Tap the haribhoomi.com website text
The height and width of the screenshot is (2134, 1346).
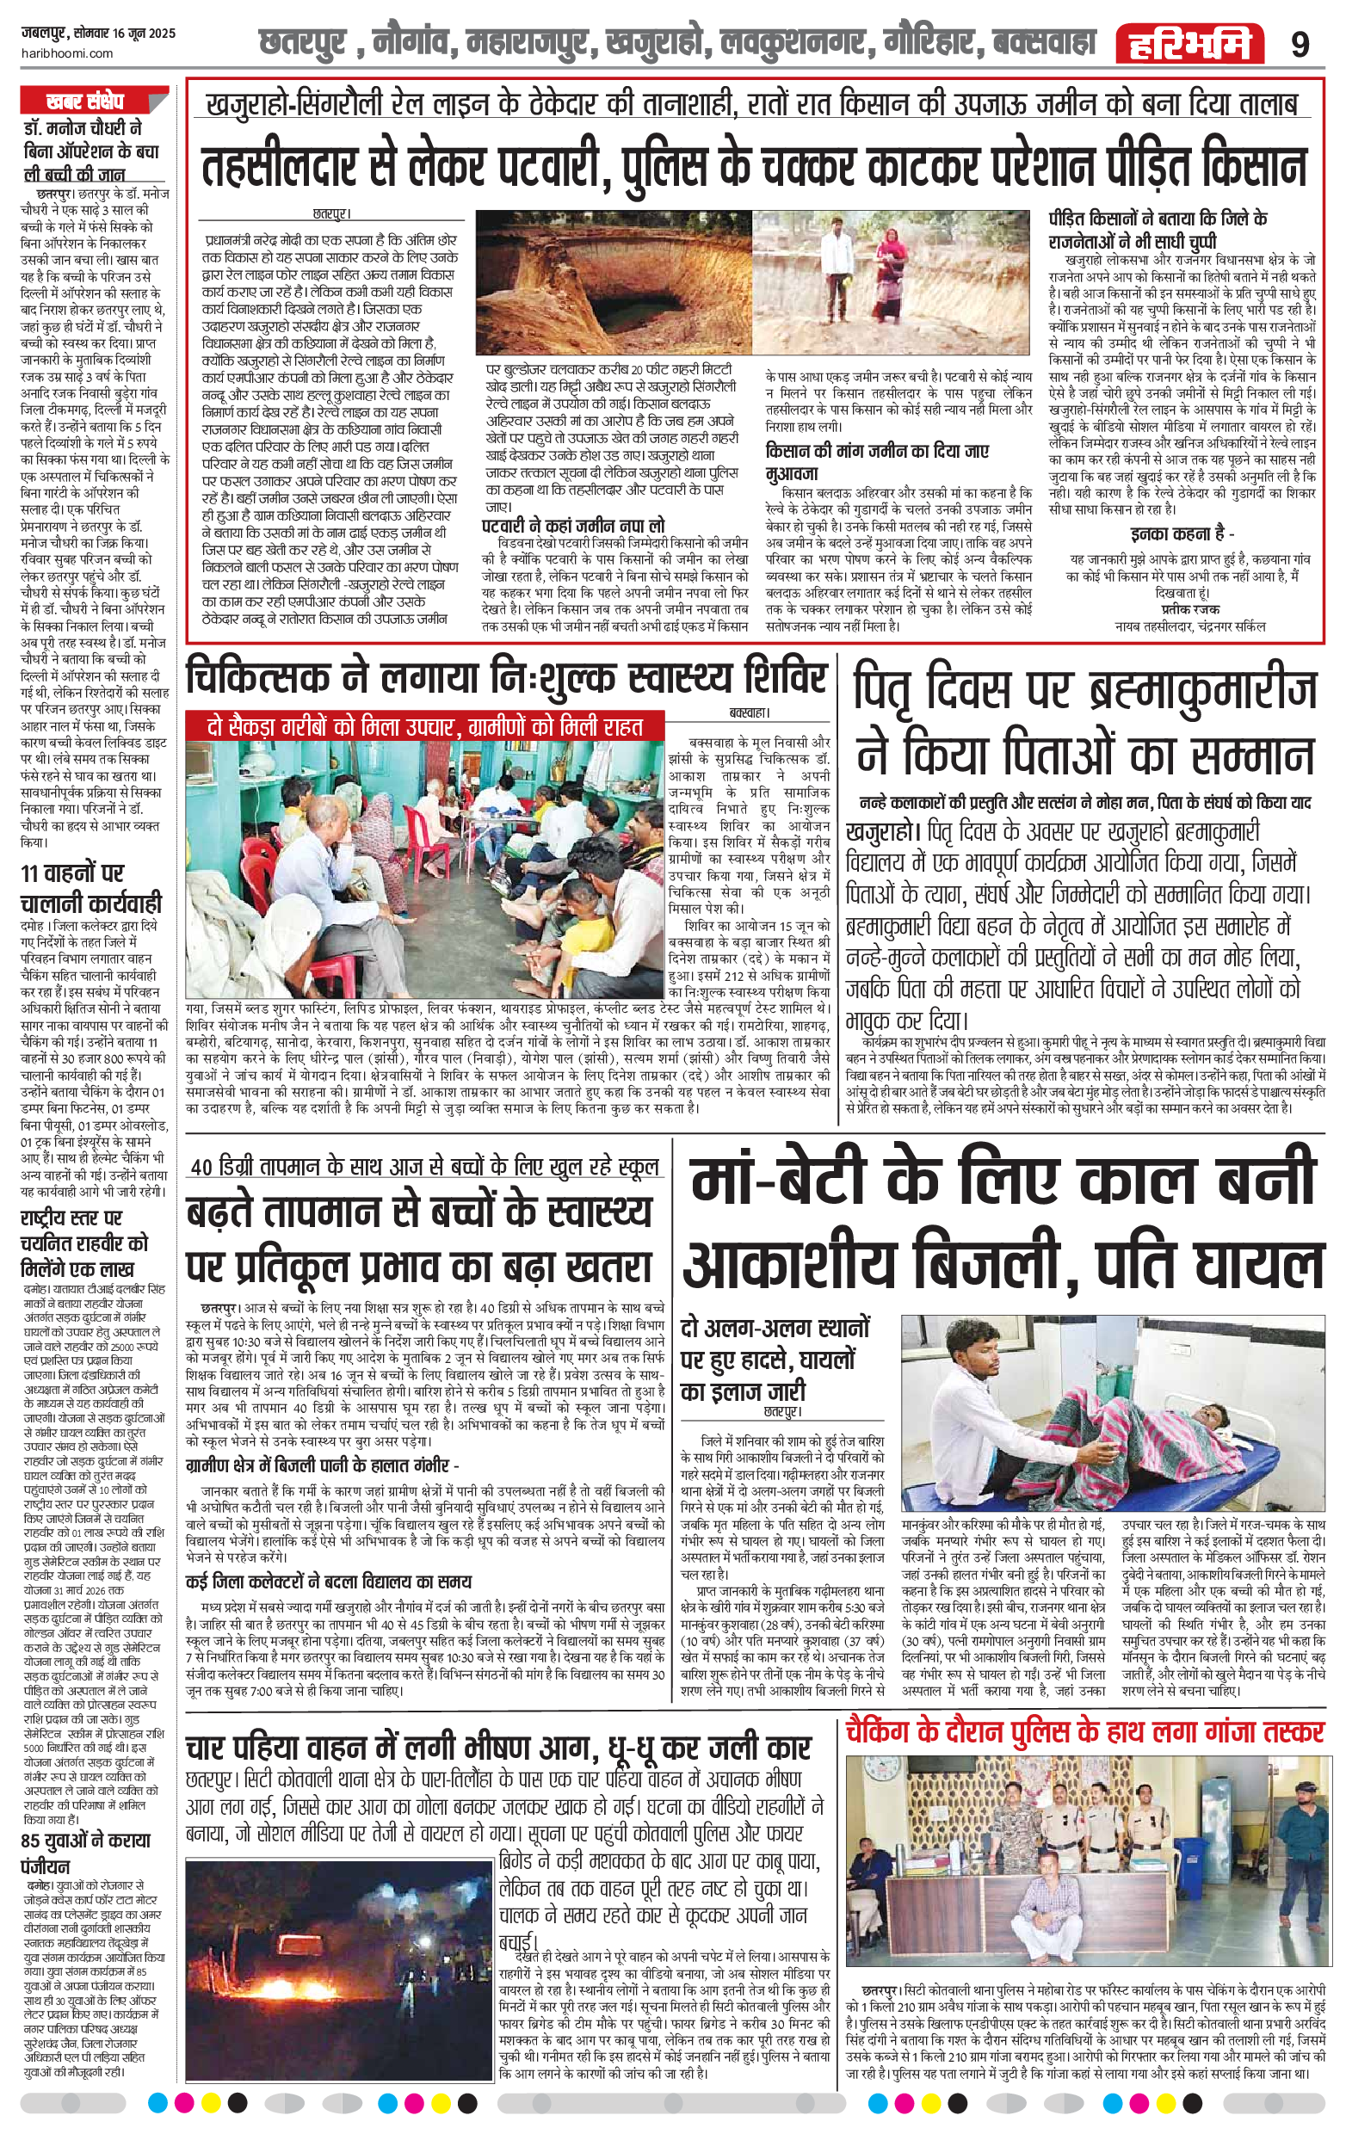66,53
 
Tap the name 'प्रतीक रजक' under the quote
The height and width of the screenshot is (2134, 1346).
1189,609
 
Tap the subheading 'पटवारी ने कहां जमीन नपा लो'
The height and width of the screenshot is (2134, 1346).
572,526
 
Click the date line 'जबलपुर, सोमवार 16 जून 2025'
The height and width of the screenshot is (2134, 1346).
98,34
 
